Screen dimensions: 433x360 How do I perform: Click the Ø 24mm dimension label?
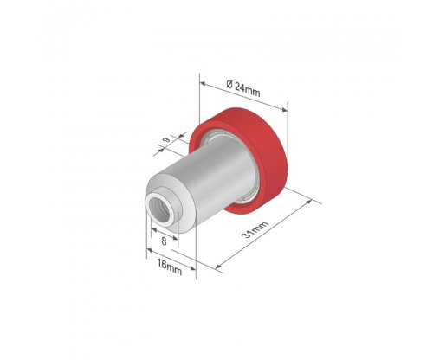click(243, 89)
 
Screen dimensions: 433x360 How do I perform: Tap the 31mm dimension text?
click(255, 229)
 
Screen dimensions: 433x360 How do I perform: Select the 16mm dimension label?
click(170, 267)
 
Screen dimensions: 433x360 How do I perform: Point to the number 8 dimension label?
click(164, 241)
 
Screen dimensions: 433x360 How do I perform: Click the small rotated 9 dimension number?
click(166, 140)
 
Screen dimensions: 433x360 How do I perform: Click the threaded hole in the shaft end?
click(159, 208)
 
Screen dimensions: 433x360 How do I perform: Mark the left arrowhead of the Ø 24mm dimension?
click(203, 84)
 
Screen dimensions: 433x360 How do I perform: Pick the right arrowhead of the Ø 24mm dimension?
click(285, 109)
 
